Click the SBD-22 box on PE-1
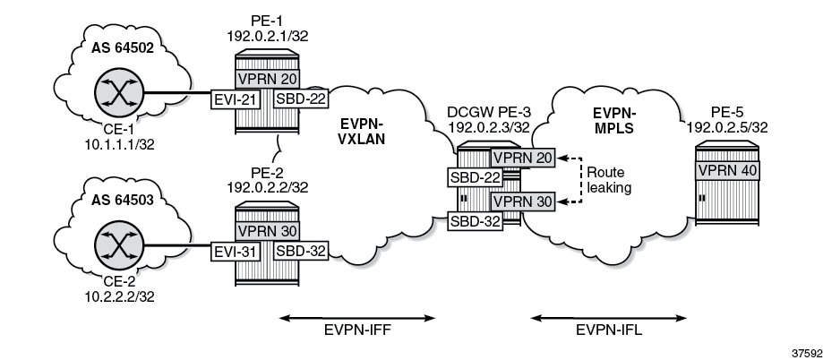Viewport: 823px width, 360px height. pyautogui.click(x=299, y=98)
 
